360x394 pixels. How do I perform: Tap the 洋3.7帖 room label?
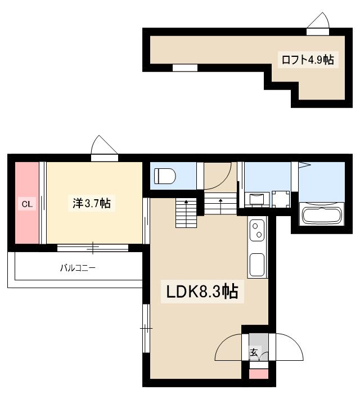[x=91, y=203]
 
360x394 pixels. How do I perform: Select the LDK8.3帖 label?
[x=201, y=292]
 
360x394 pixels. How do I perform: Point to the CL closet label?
[x=26, y=204]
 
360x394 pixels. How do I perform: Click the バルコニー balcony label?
[x=78, y=268]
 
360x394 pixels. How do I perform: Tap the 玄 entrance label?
[x=254, y=353]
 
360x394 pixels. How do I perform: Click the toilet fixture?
[x=165, y=176]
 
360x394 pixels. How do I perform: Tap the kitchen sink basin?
[x=257, y=264]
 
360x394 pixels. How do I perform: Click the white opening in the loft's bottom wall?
[x=184, y=68]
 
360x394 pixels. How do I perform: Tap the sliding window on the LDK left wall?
[x=146, y=327]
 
